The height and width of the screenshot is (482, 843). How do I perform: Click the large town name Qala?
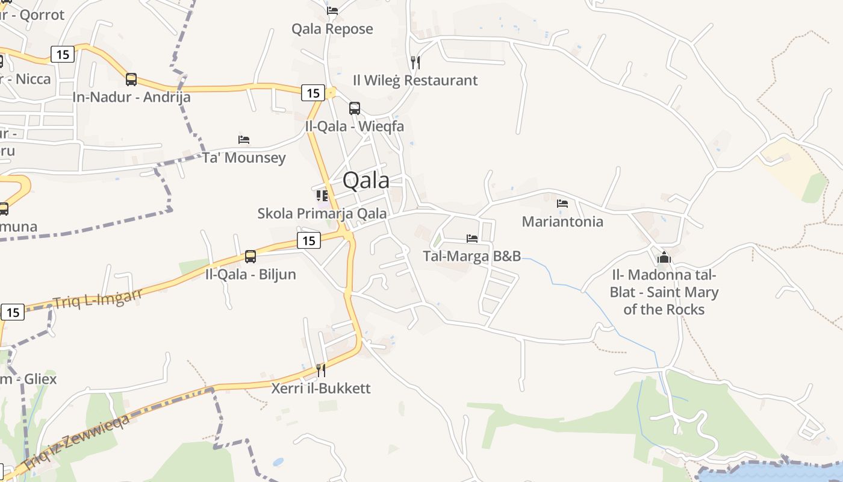[x=366, y=180]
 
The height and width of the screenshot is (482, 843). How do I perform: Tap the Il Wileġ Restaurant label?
[x=415, y=80]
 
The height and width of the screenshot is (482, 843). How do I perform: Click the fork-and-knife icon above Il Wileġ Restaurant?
[x=415, y=62]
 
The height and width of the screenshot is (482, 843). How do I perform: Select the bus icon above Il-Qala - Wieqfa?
[x=355, y=108]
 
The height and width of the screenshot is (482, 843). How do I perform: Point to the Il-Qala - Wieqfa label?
[x=354, y=127]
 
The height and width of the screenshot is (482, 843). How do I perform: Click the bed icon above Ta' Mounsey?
[x=244, y=140]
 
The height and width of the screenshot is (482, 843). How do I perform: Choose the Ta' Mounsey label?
[x=244, y=158]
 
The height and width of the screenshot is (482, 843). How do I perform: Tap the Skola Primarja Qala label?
[x=322, y=213]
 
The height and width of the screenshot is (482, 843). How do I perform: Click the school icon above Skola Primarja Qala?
[x=322, y=195]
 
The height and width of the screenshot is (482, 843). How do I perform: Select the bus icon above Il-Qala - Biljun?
[x=250, y=257]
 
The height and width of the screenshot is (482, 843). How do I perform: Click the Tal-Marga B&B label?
[x=472, y=256]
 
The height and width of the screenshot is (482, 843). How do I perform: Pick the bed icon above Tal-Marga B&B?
[x=472, y=239]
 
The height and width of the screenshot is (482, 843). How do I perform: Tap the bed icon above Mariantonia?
[x=562, y=204]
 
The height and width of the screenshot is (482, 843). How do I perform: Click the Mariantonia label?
[x=562, y=221]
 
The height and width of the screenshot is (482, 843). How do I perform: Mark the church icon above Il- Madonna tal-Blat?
[x=664, y=258]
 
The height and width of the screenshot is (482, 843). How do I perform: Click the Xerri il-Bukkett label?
[x=321, y=388]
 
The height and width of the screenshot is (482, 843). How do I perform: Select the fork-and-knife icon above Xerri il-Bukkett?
[x=321, y=370]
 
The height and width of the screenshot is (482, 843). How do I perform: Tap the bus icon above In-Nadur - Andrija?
[x=131, y=80]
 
